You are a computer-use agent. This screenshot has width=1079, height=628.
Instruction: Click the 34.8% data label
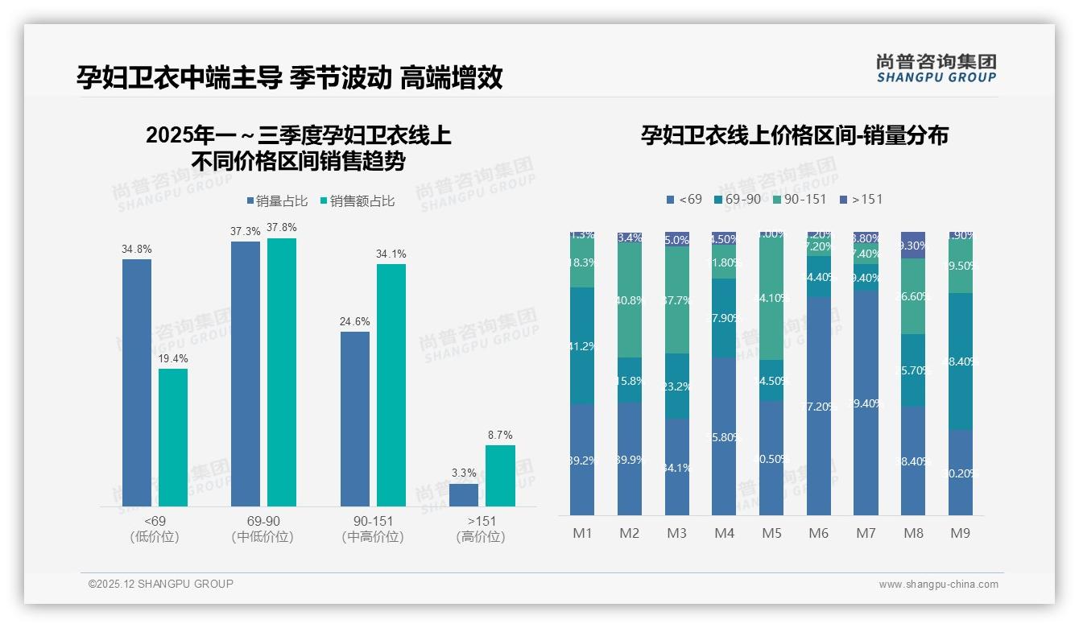[x=137, y=250]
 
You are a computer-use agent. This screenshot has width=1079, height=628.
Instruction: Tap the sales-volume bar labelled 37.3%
[x=246, y=374]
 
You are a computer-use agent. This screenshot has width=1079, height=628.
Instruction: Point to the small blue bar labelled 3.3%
[x=464, y=494]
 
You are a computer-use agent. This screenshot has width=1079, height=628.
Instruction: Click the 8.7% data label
[x=500, y=436]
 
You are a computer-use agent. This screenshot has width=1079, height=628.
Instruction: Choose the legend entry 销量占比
[x=276, y=201]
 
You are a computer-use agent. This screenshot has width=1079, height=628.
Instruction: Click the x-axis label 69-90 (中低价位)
[x=263, y=529]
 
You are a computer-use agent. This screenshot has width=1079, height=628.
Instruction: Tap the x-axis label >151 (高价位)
[x=481, y=529]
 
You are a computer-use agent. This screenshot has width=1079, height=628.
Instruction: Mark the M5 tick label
[x=771, y=533]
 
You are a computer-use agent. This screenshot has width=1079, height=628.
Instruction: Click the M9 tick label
[x=961, y=533]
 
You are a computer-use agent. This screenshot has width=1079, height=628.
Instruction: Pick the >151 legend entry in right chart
[x=861, y=199]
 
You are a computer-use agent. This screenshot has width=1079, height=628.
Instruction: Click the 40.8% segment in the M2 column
[x=630, y=300]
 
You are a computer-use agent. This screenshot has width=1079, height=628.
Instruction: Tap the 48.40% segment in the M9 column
[x=961, y=362]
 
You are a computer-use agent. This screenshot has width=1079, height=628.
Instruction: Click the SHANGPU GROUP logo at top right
[x=936, y=68]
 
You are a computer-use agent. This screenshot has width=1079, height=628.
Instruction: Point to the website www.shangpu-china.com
[x=938, y=585]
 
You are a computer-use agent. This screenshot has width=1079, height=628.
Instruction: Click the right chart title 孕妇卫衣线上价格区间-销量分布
[x=794, y=135]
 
